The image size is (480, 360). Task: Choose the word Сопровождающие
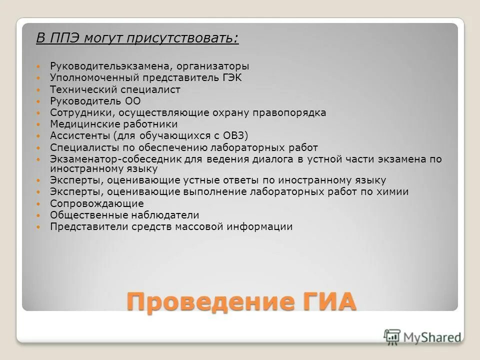coord(96,203)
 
